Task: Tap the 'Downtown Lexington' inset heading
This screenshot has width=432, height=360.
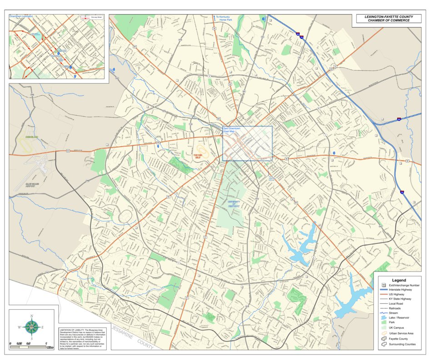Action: tap(21, 16)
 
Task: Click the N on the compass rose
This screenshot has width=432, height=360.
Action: tap(31, 315)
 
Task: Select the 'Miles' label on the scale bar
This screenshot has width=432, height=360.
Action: tap(50, 347)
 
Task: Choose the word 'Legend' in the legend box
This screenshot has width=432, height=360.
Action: tap(399, 280)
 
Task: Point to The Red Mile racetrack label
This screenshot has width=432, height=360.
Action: tap(197, 156)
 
